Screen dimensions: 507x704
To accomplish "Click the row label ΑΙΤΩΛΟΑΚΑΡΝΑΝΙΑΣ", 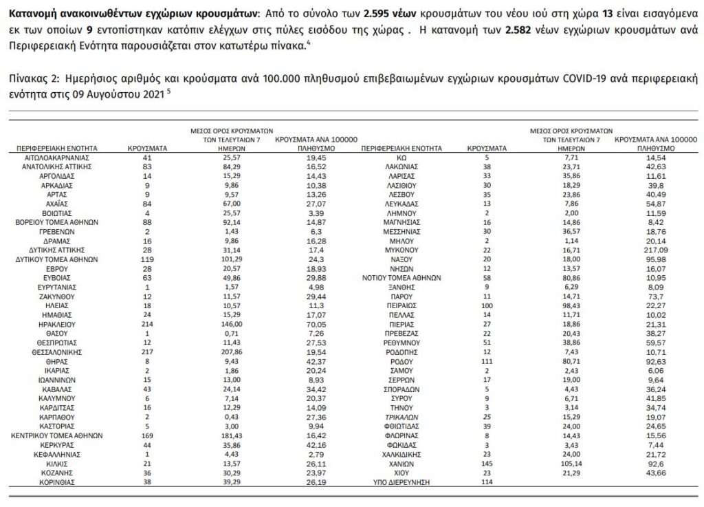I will [58, 158].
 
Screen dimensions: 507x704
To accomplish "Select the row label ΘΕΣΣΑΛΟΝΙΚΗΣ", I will [58, 350].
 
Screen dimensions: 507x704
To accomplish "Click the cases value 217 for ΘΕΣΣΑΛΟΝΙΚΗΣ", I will [145, 350].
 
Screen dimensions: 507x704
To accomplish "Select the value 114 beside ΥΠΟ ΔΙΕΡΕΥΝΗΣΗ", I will [486, 483].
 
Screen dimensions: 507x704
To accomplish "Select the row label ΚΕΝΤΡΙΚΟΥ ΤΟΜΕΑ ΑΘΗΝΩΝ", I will [58, 435].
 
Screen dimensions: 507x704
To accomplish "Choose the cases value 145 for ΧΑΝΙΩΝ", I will [486, 464].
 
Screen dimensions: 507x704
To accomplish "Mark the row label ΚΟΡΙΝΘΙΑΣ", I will [58, 483].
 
